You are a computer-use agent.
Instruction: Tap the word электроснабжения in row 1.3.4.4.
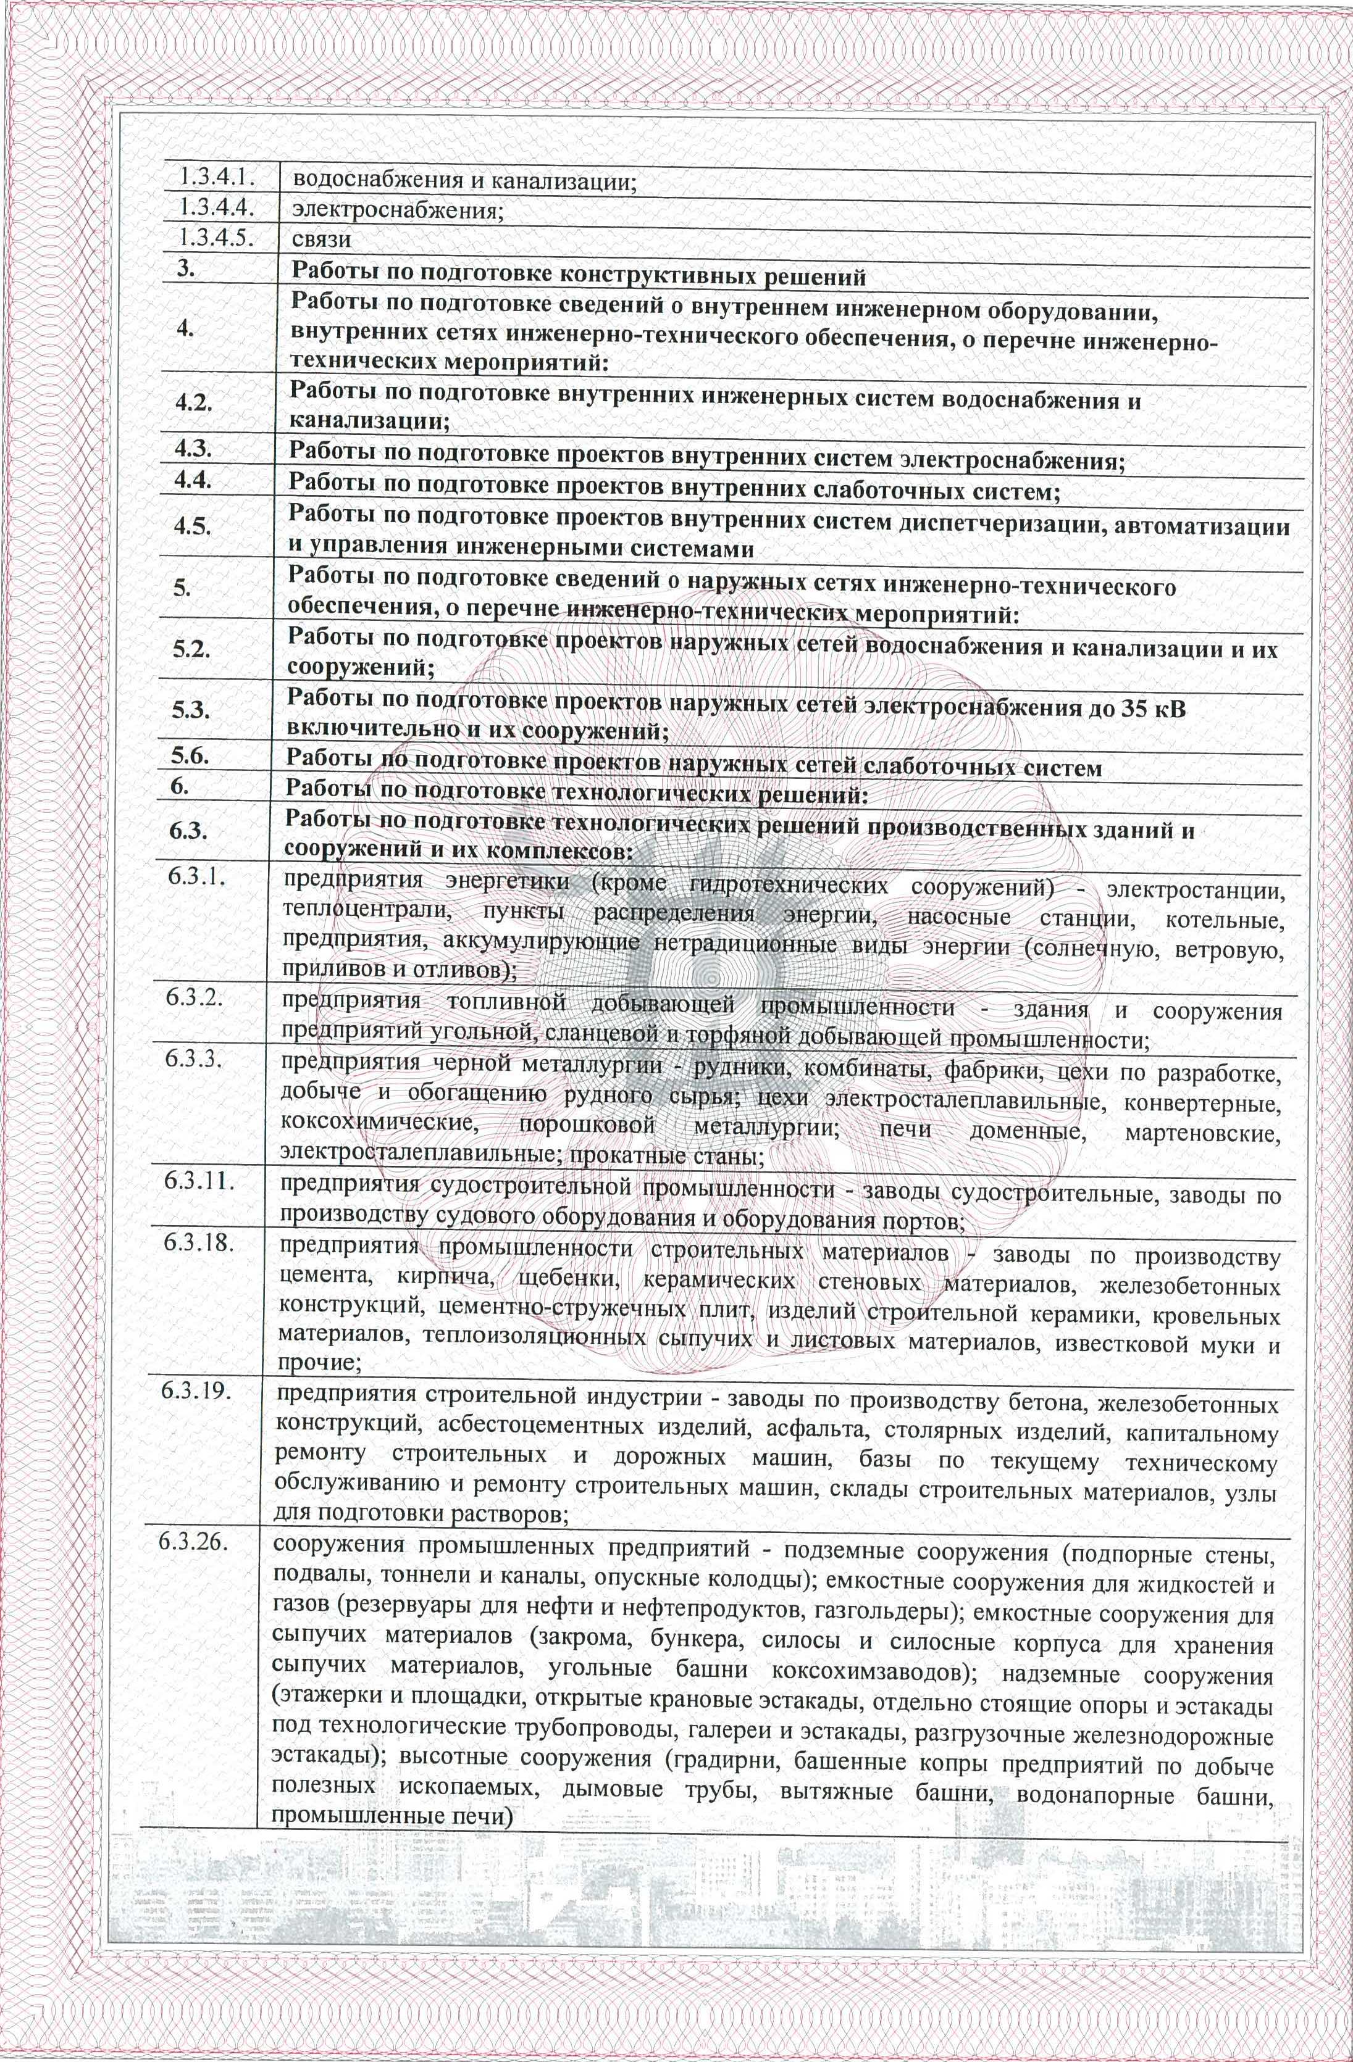point(398,210)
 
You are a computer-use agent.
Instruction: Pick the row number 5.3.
point(191,710)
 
